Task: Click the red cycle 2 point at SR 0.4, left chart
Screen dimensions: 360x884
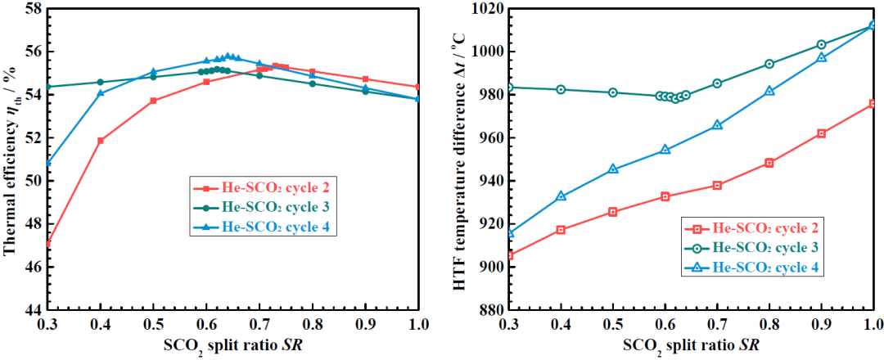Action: click(101, 141)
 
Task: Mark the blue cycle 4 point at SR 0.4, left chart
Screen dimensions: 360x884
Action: click(101, 93)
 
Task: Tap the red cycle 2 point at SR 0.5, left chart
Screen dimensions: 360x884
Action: click(153, 101)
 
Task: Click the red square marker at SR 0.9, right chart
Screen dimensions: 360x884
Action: click(821, 133)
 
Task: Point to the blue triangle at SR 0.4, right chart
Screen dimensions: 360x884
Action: click(561, 196)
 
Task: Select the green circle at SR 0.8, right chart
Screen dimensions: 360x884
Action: click(769, 64)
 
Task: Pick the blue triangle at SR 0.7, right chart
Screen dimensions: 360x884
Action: click(717, 125)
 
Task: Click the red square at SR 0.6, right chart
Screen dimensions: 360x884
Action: click(665, 196)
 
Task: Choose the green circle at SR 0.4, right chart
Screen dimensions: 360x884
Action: click(561, 89)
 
